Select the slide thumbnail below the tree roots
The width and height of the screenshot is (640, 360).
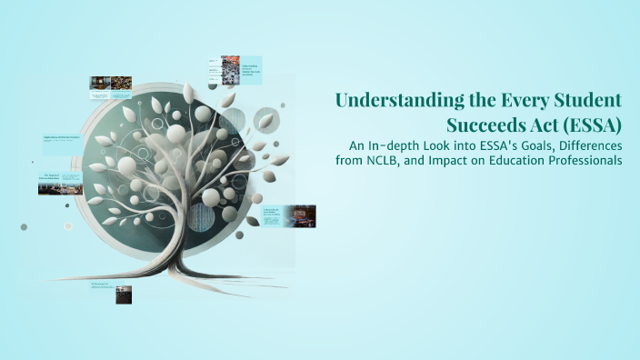pos(123,294)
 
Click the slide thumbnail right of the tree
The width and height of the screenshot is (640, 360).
pos(298,215)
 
